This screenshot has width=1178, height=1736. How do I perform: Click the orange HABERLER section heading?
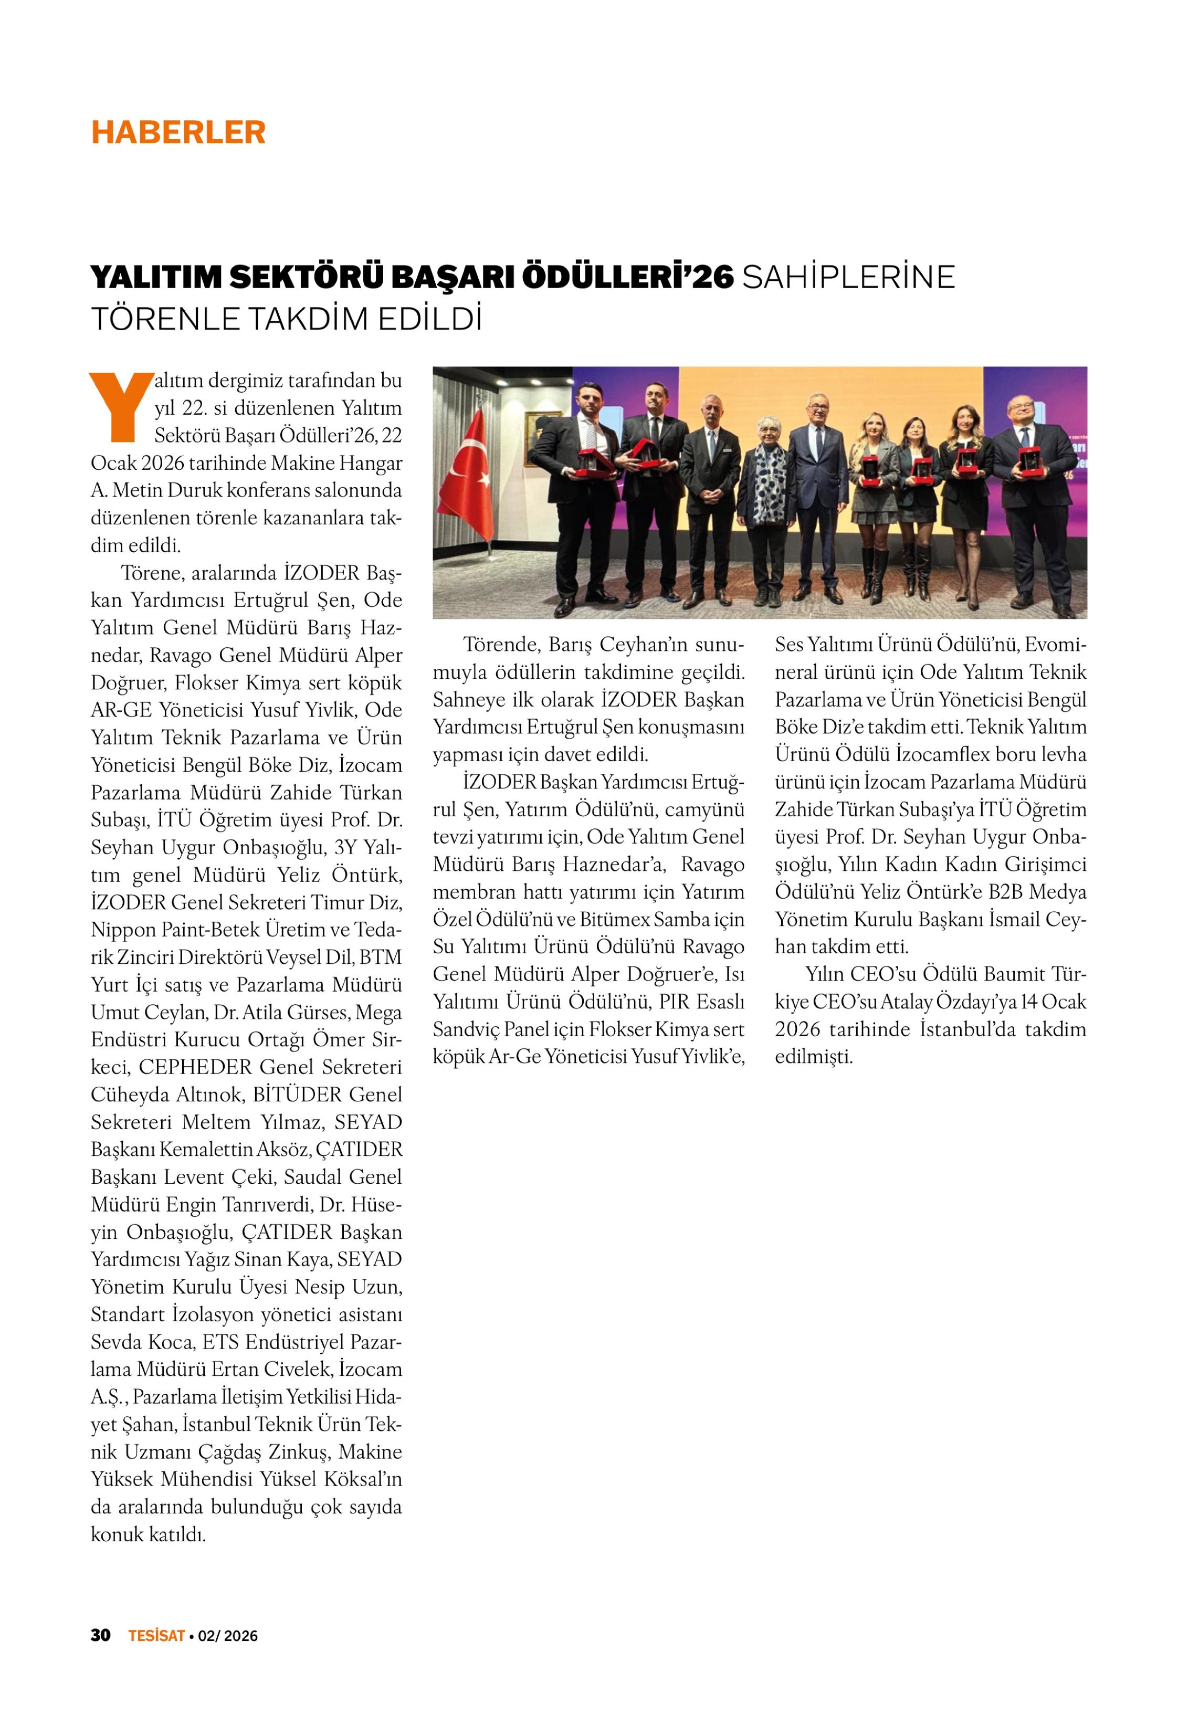[x=178, y=132]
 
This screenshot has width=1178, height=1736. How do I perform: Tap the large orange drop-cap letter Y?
[x=120, y=407]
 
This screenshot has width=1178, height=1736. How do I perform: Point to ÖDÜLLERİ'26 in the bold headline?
[x=627, y=277]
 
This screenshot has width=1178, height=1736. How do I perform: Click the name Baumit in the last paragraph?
[x=1014, y=974]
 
